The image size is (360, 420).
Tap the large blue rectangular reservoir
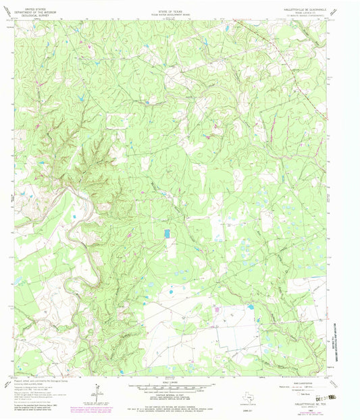(x=167, y=233)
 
